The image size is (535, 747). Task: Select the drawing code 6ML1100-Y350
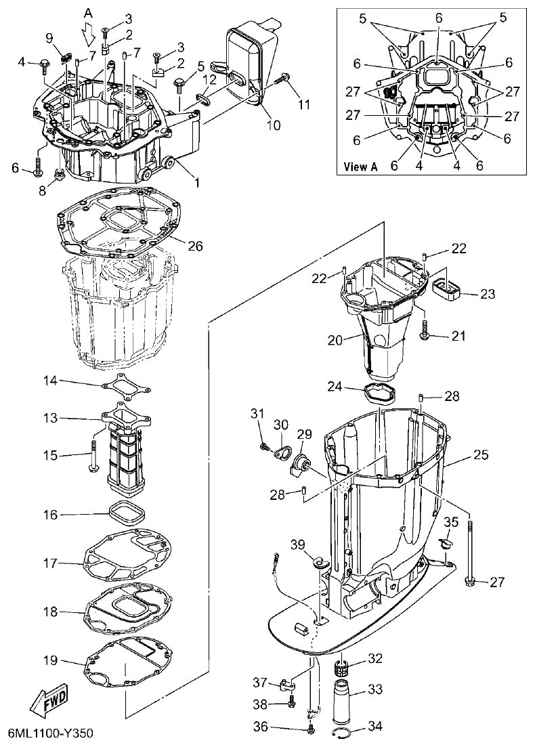(x=50, y=734)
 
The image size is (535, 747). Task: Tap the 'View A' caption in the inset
(x=360, y=166)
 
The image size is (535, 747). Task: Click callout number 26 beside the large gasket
(x=195, y=246)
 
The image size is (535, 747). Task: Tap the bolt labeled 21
(x=426, y=333)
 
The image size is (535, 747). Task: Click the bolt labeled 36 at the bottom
(x=311, y=729)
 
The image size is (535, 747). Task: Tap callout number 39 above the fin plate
(x=298, y=546)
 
